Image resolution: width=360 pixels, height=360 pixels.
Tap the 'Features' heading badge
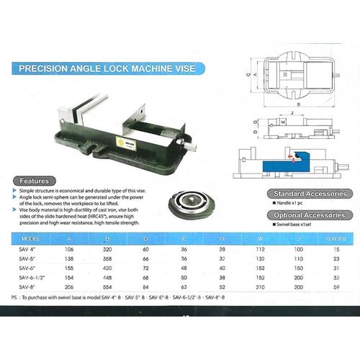click(x=35, y=180)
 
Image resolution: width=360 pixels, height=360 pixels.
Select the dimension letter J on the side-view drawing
click(x=290, y=113)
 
